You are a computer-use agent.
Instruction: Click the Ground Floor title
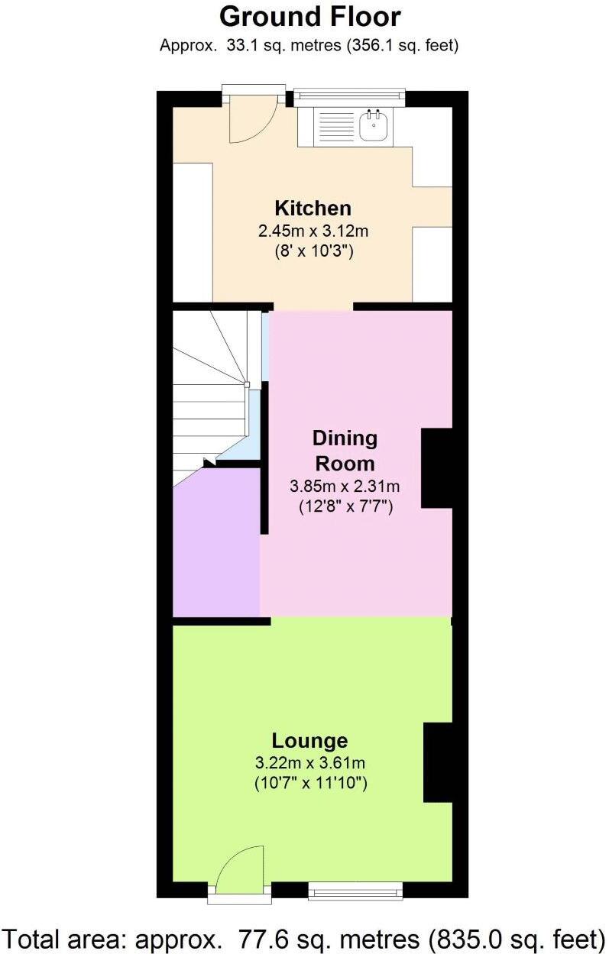point(309,16)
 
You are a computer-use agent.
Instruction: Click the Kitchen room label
point(313,208)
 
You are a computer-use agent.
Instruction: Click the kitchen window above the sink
point(348,95)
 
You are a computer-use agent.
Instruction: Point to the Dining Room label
point(345,451)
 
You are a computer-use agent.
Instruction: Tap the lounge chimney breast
point(438,762)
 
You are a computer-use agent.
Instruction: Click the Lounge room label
point(309,740)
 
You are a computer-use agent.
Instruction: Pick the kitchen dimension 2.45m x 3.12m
point(313,231)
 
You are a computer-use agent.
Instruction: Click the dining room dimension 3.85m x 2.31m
point(345,486)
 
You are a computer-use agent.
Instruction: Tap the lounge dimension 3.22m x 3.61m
point(309,762)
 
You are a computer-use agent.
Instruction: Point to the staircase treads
point(206,397)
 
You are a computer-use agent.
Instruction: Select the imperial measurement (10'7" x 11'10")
point(309,782)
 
